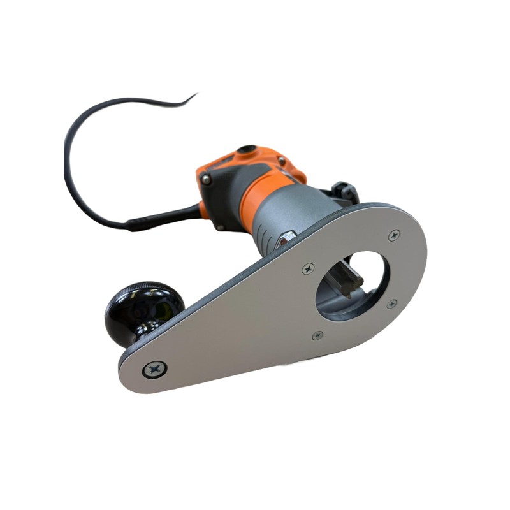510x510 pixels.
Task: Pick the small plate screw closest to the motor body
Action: [308, 269]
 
